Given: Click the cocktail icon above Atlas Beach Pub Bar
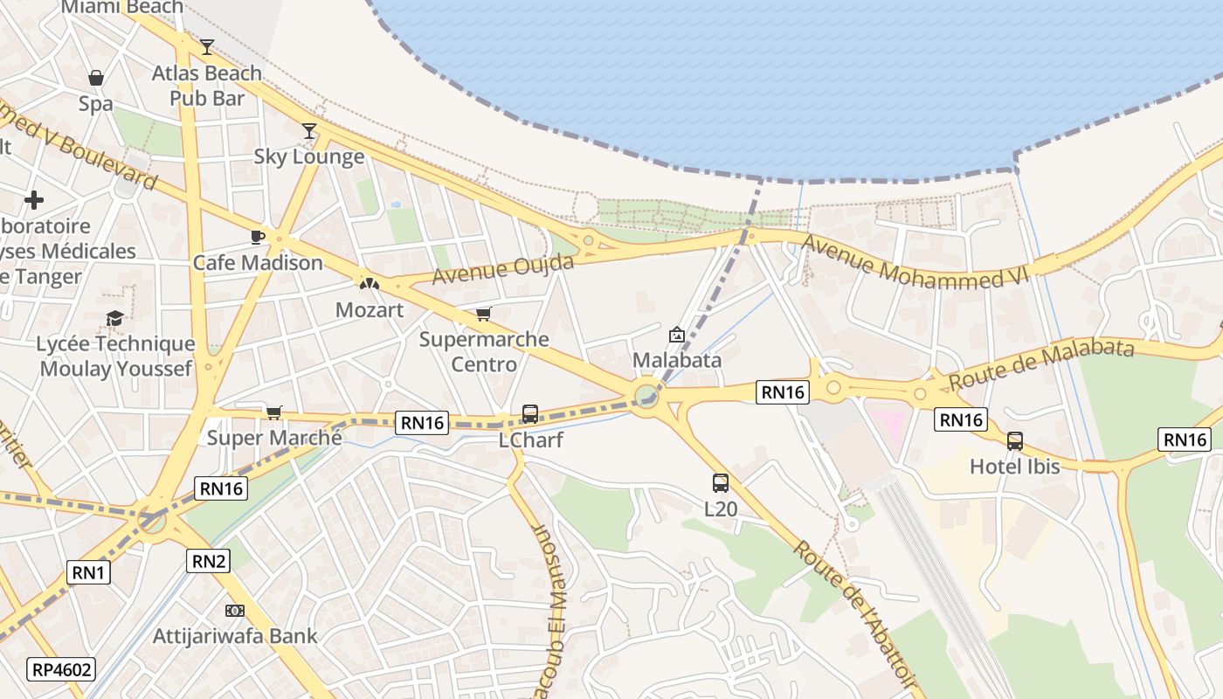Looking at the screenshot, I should coord(207,46).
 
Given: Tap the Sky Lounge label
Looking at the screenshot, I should coord(308,157).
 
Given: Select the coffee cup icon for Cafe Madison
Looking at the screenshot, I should coord(257,237).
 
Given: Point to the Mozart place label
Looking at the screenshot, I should coord(370,310).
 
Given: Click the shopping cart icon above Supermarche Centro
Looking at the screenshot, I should coord(483,314).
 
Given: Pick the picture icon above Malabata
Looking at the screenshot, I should coord(676,334).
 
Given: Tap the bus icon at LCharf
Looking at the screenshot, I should coord(529,413).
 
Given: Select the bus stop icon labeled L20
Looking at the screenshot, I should coord(720,482).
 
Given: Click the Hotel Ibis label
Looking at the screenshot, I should coord(1014,467).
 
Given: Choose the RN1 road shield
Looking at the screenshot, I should coord(88,572).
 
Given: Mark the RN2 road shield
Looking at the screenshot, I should coord(209,561).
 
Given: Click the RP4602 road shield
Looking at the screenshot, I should coord(61,670).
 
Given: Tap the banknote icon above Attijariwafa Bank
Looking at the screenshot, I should coord(235,610).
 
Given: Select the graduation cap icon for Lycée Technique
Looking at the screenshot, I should coord(114,318).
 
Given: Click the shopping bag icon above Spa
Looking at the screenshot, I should coord(96,78).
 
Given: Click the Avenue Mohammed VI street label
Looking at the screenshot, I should coord(916,263).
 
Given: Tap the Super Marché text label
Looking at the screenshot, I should coord(274,438).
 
